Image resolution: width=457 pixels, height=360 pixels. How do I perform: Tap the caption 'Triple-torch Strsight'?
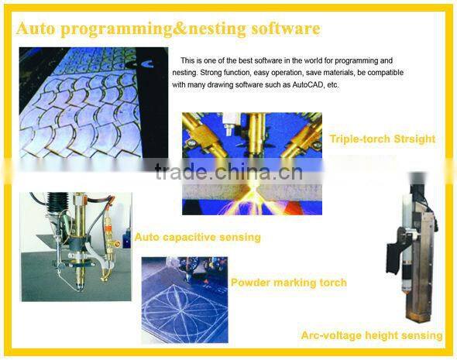click(x=382, y=139)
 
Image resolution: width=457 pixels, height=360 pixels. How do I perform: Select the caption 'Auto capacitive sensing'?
click(x=198, y=237)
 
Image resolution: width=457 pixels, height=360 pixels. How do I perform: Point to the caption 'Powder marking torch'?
click(x=288, y=283)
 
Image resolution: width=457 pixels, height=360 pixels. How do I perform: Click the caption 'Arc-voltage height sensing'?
click(x=372, y=335)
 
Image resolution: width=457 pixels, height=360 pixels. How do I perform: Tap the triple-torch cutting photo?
click(x=251, y=163)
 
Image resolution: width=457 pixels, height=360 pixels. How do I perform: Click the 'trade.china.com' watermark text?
click(x=229, y=171)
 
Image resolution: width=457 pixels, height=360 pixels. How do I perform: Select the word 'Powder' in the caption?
click(x=249, y=283)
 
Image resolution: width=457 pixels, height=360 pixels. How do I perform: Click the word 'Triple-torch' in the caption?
click(x=358, y=139)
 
